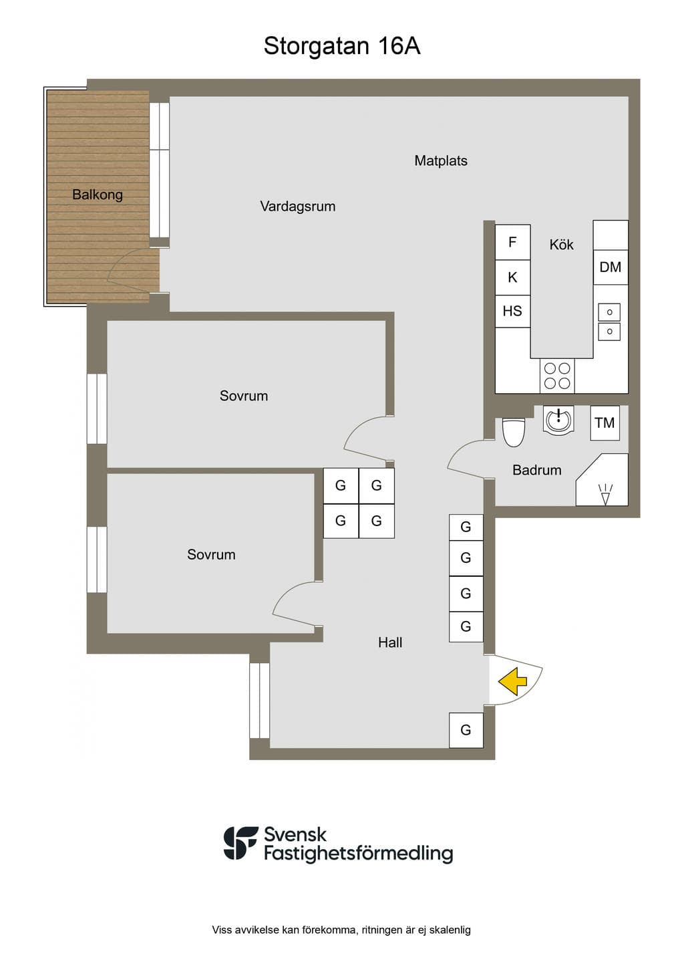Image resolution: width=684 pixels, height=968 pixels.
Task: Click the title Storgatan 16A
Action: point(341,46)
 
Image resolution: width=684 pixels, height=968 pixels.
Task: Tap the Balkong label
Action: point(97,195)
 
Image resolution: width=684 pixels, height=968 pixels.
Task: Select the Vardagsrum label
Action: point(297,206)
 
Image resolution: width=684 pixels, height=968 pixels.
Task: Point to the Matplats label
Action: point(440,160)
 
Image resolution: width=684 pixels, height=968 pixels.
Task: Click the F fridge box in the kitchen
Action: point(512,242)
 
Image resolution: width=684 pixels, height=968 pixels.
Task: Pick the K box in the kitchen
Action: point(512,277)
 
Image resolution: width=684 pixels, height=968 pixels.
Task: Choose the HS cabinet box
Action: point(512,311)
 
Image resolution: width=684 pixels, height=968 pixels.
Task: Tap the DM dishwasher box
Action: point(610,267)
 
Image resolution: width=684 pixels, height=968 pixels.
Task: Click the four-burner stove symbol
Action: point(557,376)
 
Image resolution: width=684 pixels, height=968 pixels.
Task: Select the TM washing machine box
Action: point(605,422)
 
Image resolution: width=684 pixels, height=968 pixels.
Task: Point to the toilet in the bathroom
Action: point(514,432)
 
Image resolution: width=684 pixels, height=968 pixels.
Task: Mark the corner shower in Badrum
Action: point(603,480)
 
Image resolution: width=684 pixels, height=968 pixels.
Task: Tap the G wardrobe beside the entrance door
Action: point(466,730)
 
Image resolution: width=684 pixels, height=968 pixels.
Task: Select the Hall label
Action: point(390,642)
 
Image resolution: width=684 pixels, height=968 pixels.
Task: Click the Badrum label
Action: point(537,470)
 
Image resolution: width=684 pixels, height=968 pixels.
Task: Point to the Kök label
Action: point(561,245)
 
